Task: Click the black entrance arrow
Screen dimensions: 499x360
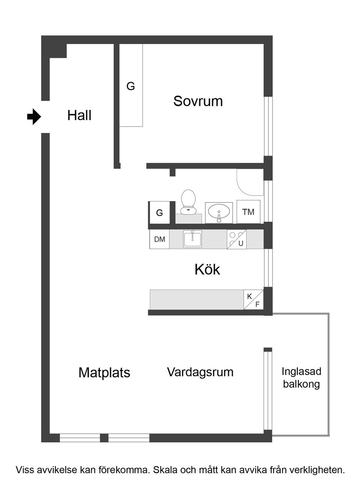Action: coord(34,116)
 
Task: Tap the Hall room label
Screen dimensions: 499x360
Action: coord(79,115)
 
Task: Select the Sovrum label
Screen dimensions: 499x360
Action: coord(198,101)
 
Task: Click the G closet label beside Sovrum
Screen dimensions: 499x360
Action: coord(130,86)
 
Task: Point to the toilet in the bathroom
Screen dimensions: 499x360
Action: coord(188,201)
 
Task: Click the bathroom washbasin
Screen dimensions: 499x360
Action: coord(219,212)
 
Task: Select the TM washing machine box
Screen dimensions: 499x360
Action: coord(248,212)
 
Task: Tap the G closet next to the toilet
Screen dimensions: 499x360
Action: coord(160,213)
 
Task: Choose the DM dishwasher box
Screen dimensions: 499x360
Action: coord(159,239)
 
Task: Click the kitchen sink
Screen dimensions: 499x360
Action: coord(192,239)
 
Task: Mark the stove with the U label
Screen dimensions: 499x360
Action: coord(237,239)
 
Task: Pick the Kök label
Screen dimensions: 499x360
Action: coord(207,269)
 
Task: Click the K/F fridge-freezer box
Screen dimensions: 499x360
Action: coord(253,300)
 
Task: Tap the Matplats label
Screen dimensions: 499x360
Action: coord(104,373)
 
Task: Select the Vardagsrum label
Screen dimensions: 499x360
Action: coord(200,372)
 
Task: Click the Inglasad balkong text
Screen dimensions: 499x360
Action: coord(301,377)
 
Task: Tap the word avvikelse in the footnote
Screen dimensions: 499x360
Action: coord(57,470)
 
